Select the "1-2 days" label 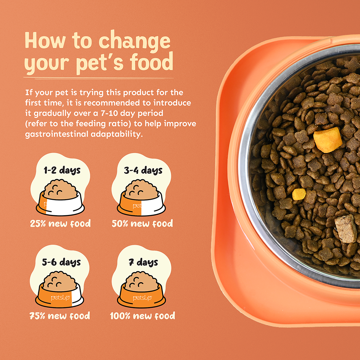click(62, 171)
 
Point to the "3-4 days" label click(143, 171)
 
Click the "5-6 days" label click(62, 262)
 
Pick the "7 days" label click(144, 262)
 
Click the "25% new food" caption click(60, 224)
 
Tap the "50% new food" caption click(142, 224)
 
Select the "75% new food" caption click(60, 316)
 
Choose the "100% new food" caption click(143, 316)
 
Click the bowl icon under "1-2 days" click(60, 198)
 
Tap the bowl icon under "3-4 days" click(141, 198)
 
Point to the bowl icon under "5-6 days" click(59, 289)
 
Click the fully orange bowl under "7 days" click(141, 289)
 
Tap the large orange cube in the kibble click(328, 140)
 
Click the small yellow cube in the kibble click(299, 194)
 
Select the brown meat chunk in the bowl click(346, 229)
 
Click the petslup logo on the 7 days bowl click(142, 298)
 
